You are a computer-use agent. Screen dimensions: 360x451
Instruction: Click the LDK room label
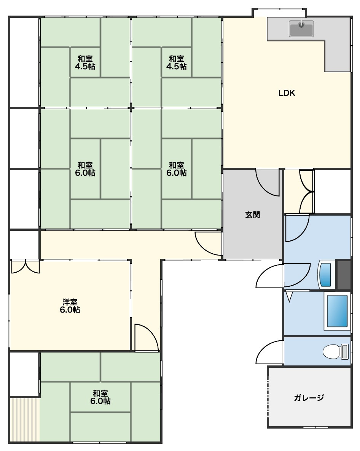(x=287, y=93)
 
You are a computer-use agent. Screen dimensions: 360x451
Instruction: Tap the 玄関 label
(x=253, y=214)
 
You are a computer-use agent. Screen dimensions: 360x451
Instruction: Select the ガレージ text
(x=309, y=397)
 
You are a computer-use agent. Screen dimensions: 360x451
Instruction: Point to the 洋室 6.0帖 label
(x=70, y=306)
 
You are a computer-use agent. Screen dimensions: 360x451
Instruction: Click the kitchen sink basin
(x=301, y=29)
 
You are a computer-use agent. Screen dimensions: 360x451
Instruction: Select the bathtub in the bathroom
(x=337, y=311)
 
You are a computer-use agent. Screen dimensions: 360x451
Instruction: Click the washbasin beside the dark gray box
(x=326, y=274)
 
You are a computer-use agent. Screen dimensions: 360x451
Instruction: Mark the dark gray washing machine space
(x=344, y=275)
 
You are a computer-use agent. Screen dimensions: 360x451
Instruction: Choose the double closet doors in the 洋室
(x=25, y=266)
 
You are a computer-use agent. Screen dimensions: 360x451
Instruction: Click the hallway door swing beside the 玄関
(x=208, y=244)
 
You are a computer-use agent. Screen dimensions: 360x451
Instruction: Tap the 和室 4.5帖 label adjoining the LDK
(x=177, y=62)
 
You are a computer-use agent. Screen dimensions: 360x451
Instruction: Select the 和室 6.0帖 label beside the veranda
(x=100, y=397)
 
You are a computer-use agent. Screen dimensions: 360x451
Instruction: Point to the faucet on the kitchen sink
(x=301, y=24)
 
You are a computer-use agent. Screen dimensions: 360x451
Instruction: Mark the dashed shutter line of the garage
(x=268, y=397)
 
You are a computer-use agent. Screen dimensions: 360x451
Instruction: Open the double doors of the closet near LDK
(x=306, y=192)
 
